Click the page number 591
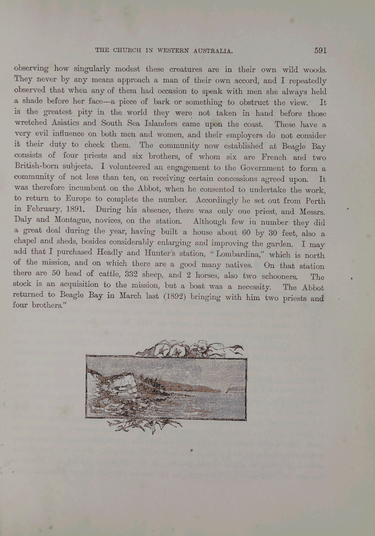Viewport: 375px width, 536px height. pyautogui.click(x=320, y=50)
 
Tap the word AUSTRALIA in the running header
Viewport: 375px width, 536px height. pyautogui.click(x=211, y=50)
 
